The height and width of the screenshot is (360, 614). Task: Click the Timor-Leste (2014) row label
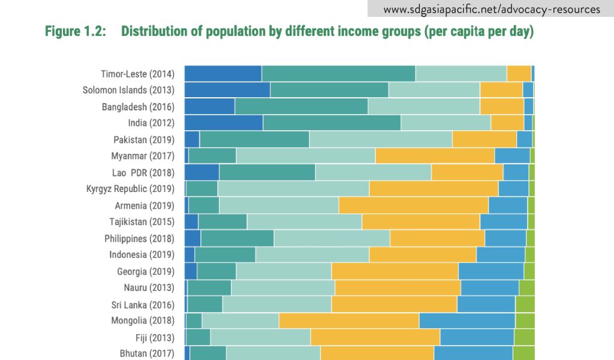[137, 74]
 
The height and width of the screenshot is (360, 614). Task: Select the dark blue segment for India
[223, 123]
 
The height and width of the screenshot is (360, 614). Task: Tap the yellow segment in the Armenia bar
[413, 205]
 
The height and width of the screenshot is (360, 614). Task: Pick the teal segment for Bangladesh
[301, 107]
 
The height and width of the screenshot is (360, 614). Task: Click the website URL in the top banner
[491, 10]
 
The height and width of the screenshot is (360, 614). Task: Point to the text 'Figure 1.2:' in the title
[76, 32]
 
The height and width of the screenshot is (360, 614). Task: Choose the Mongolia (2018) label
[143, 320]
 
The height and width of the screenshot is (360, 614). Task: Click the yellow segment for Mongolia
[349, 320]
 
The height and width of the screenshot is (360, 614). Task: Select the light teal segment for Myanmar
[305, 156]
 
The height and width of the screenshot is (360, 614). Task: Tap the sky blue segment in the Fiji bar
[477, 337]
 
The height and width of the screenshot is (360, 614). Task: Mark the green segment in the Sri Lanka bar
[525, 304]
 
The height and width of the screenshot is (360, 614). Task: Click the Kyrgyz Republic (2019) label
[130, 188]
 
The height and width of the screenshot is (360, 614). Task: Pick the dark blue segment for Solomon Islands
[227, 90]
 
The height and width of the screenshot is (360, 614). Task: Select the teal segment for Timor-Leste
[338, 74]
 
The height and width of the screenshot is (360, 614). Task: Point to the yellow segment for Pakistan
[484, 139]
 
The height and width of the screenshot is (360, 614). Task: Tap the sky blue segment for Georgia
[490, 271]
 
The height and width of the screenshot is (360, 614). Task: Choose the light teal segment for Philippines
[332, 238]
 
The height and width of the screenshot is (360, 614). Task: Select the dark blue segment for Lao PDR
[201, 172]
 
